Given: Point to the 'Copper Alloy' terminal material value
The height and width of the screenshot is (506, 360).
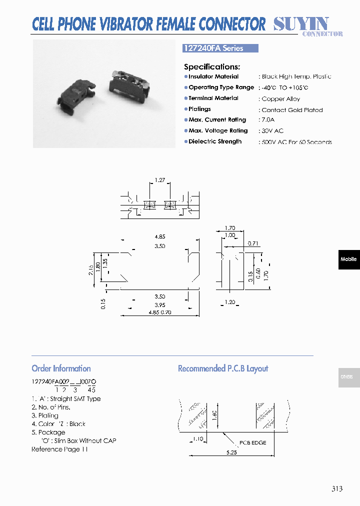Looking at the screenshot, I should click(x=280, y=99).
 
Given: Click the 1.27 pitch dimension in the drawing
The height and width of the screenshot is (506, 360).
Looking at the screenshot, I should click(x=160, y=180).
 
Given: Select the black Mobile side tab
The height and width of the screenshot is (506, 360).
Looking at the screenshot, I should click(x=348, y=259).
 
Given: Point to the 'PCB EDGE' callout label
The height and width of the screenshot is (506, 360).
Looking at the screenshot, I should click(x=252, y=442).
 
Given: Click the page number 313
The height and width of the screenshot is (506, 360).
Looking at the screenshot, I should click(x=336, y=488).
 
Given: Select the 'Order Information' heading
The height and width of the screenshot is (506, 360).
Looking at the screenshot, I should click(x=61, y=368).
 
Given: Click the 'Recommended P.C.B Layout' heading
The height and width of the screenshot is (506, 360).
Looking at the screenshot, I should click(x=223, y=368).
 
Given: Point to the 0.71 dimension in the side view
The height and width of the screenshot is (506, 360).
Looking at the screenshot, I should click(x=253, y=243).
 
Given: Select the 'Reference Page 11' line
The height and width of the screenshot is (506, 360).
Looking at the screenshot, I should click(x=59, y=449).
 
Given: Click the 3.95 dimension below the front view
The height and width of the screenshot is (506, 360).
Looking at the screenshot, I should click(x=160, y=305).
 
